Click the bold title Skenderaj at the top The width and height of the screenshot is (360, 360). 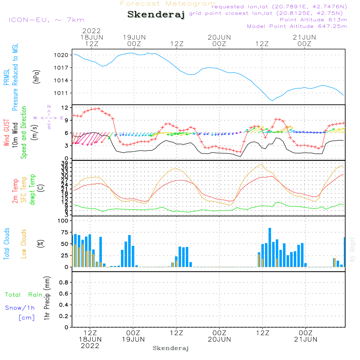[x=156, y=14]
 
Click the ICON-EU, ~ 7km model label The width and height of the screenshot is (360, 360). [x=46, y=20]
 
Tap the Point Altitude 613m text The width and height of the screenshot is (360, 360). [x=313, y=20]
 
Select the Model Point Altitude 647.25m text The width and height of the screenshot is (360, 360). [x=297, y=26]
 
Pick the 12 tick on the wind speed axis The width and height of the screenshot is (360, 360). [x=65, y=108]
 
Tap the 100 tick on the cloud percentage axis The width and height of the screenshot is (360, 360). [x=63, y=221]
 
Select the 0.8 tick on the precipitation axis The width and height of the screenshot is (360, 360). [x=63, y=282]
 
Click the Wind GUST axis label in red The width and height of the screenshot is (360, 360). [x=6, y=133]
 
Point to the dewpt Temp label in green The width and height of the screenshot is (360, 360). [x=32, y=190]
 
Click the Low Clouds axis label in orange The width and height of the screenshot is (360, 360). [x=24, y=243]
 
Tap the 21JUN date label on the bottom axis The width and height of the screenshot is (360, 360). [x=305, y=339]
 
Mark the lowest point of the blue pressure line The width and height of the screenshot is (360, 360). [x=272, y=100]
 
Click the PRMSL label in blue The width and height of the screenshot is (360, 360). [x=6, y=77]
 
